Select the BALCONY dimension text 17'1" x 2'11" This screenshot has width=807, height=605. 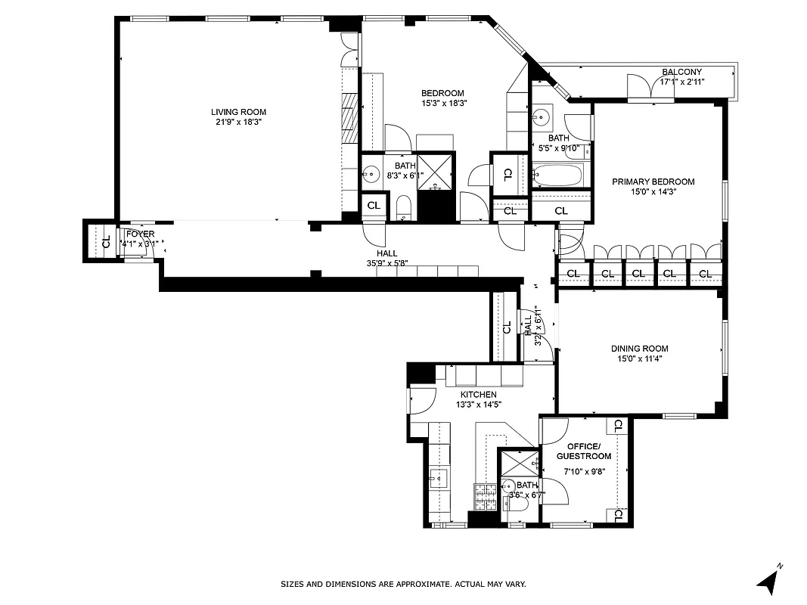click(681, 82)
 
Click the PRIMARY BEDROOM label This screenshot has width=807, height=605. click(653, 181)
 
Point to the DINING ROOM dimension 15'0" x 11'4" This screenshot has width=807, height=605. click(639, 359)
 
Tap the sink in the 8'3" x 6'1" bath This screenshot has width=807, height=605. click(371, 175)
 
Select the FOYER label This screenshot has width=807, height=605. click(140, 234)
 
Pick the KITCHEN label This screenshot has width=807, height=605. click(479, 395)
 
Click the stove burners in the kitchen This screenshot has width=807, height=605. click(484, 495)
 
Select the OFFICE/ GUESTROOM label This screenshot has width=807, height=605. click(583, 451)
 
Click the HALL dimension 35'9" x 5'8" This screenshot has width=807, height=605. click(386, 264)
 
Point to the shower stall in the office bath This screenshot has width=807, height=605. click(518, 462)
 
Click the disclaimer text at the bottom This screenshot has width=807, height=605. click(403, 584)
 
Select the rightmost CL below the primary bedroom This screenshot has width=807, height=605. click(705, 273)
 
